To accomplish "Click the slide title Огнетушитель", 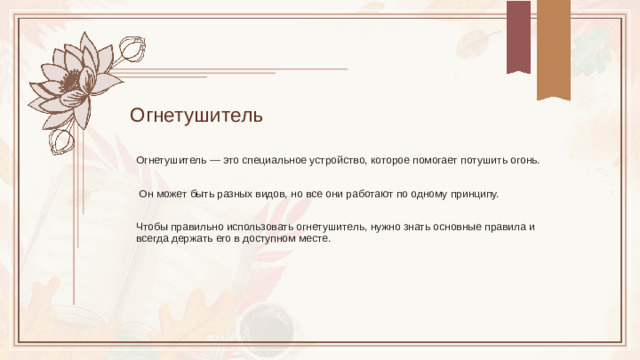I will (196, 115).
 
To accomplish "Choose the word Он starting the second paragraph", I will (147, 194).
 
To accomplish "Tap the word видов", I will (272, 194).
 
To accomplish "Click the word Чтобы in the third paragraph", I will (152, 227).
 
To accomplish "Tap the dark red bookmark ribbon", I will (518, 36).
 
